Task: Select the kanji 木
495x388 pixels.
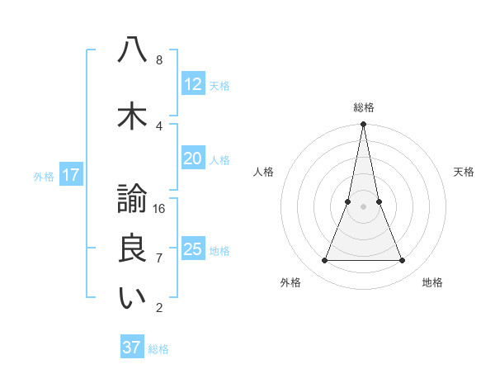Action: (x=131, y=116)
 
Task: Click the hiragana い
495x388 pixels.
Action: (x=131, y=298)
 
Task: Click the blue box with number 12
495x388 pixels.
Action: (x=193, y=84)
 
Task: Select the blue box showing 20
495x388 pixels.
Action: (x=193, y=159)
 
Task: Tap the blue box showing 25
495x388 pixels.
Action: (x=193, y=249)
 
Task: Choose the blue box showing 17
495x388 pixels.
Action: (x=70, y=175)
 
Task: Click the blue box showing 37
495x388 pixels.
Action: (x=132, y=348)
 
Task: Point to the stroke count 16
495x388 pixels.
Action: (x=160, y=208)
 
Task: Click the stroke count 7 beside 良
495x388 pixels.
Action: (x=159, y=258)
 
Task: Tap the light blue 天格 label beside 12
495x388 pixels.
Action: (x=219, y=85)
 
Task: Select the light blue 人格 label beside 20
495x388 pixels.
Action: (x=219, y=159)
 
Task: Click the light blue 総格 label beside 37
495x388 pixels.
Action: (x=158, y=348)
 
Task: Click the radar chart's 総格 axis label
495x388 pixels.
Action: (x=364, y=107)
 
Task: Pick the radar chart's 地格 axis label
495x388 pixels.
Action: (x=432, y=282)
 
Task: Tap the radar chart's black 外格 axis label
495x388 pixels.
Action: (x=290, y=282)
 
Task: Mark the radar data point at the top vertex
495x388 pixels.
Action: (x=363, y=125)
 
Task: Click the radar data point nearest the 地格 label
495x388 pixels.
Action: (x=403, y=261)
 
